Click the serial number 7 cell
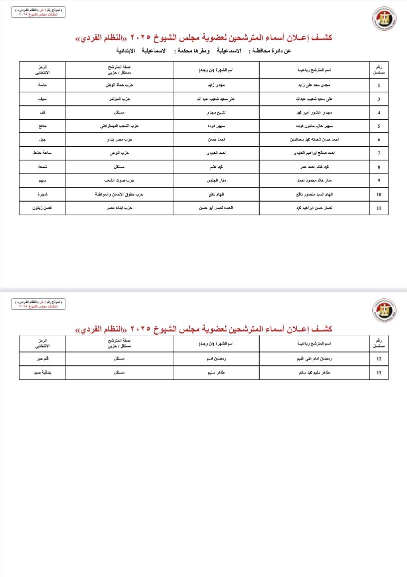point(379,153)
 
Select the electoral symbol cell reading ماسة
point(42,85)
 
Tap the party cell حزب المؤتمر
point(119,99)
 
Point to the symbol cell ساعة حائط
point(42,153)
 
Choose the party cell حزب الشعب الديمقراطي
point(119,126)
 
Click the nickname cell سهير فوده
point(216,126)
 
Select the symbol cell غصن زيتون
point(42,208)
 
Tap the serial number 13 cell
point(379,373)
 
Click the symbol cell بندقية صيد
point(42,373)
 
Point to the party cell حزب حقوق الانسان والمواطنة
point(119,194)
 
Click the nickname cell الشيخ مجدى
point(216,113)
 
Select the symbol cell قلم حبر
point(42,359)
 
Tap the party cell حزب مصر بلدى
point(119,140)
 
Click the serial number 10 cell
point(379,194)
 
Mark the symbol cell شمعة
point(42,167)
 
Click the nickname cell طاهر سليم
point(216,373)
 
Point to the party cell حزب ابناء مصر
point(119,208)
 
